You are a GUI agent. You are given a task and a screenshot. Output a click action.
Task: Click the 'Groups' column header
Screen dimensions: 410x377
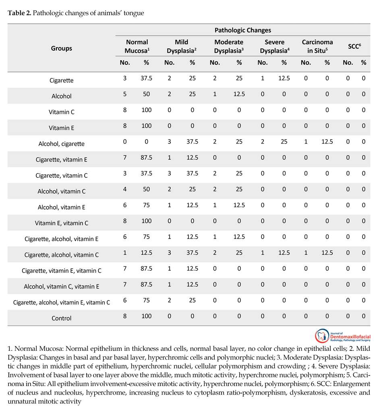tap(62, 48)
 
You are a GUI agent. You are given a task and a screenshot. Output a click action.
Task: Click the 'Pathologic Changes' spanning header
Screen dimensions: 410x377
tap(242, 30)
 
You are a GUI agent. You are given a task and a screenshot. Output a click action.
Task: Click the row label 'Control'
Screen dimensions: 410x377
tap(62, 318)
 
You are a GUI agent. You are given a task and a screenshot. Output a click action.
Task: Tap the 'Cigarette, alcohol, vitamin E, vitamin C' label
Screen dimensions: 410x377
tap(62, 303)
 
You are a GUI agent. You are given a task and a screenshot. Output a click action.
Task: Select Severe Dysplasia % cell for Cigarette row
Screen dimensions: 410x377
tap(284, 78)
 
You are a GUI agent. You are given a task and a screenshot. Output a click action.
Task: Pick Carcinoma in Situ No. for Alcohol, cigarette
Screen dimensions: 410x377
tap(306, 142)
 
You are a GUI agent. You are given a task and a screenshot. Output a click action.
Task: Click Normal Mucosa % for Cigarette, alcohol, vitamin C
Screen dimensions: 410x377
tap(146, 253)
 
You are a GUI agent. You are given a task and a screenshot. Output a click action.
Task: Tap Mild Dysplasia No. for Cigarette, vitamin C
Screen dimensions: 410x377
tap(169, 173)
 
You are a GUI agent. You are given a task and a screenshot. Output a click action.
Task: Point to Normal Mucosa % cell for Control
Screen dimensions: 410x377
tap(146, 316)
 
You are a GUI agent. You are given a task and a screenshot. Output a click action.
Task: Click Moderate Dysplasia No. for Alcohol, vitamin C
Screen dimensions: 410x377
tap(215, 189)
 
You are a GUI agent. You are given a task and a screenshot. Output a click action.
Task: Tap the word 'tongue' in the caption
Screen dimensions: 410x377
tap(135, 13)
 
